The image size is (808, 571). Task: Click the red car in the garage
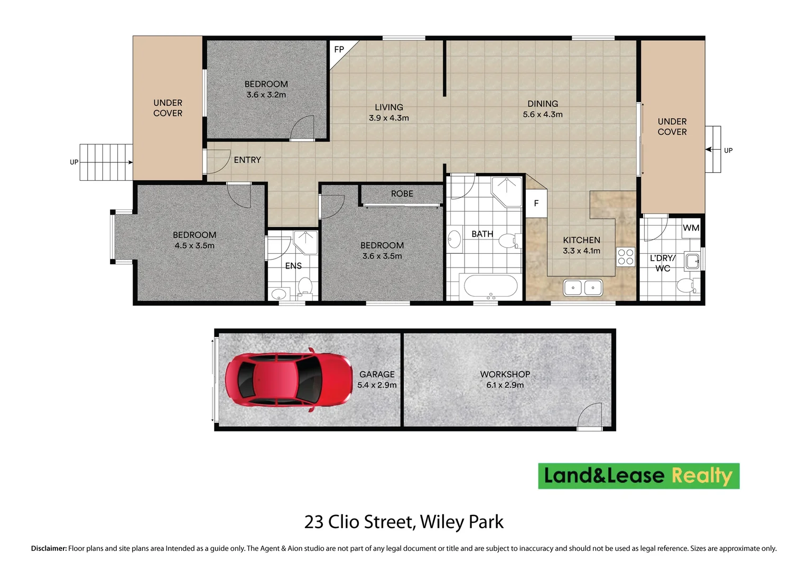pos(289,380)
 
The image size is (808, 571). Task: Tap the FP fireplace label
pos(339,50)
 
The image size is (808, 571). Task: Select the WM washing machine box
pos(691,228)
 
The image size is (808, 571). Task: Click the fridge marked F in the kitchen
pos(536,203)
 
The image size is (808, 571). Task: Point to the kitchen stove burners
pos(626,256)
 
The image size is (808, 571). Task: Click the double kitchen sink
pos(582,288)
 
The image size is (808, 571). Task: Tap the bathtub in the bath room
pos(490,286)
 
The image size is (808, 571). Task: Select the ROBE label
pos(402,194)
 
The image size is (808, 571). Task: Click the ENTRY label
pos(247,160)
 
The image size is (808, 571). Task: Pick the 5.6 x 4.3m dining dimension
pos(543,114)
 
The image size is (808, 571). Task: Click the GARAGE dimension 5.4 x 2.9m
pos(377,385)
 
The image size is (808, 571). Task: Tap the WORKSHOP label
pos(505,374)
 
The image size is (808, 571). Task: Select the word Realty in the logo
pos(702,476)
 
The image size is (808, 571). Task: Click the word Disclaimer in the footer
pos(49,549)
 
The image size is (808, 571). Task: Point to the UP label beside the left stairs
pos(74,162)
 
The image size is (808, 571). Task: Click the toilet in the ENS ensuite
pos(305,287)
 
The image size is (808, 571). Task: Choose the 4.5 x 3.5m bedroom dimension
pos(194,246)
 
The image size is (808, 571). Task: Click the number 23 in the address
pos(313,522)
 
